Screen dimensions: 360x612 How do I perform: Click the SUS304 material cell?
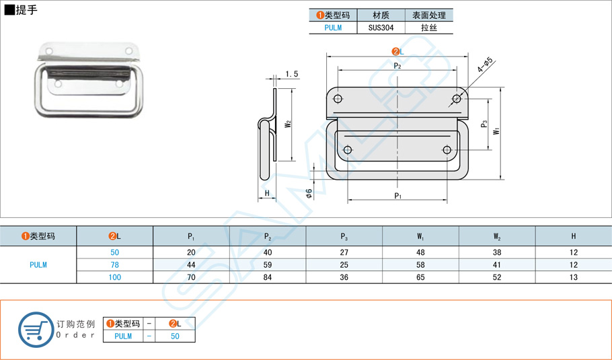pyautogui.click(x=381, y=28)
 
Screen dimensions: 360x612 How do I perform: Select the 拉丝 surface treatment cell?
pyautogui.click(x=428, y=28)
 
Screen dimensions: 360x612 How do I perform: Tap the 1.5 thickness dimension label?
pyautogui.click(x=291, y=74)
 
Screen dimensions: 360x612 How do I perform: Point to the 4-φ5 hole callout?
pyautogui.click(x=486, y=65)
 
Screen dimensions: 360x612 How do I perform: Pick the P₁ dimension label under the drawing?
pyautogui.click(x=397, y=196)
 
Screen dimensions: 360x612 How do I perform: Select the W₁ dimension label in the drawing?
pyautogui.click(x=496, y=131)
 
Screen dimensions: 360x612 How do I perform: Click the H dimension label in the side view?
pyautogui.click(x=267, y=194)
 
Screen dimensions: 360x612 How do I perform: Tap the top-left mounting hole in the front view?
pyautogui.click(x=338, y=100)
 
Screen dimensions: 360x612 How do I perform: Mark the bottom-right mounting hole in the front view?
pyautogui.click(x=447, y=149)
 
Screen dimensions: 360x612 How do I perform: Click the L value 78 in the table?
pyautogui.click(x=115, y=264)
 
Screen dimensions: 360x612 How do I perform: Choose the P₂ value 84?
pyautogui.click(x=268, y=277)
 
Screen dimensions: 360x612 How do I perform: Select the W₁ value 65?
pyautogui.click(x=420, y=277)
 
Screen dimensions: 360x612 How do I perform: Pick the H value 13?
pyautogui.click(x=573, y=277)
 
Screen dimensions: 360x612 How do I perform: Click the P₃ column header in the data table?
pyautogui.click(x=344, y=236)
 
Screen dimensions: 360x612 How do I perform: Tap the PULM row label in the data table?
pyautogui.click(x=38, y=264)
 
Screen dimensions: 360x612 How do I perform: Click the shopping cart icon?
pyautogui.click(x=36, y=330)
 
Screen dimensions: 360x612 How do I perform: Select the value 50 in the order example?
pyautogui.click(x=174, y=336)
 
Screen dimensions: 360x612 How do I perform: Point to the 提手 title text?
pyautogui.click(x=27, y=10)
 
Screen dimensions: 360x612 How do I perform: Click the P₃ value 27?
pyautogui.click(x=344, y=252)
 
